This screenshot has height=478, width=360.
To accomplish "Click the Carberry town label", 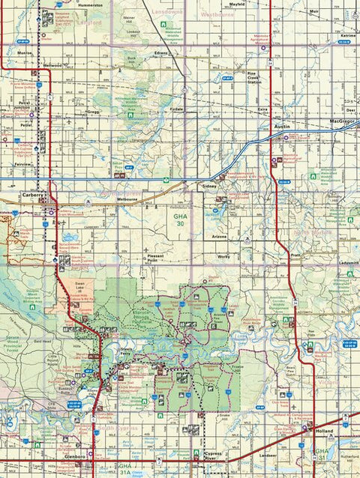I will pyautogui.click(x=34, y=194).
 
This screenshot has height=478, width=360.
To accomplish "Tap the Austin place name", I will pyautogui.click(x=283, y=127).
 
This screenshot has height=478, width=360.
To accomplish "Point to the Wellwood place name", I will pyautogui.click(x=52, y=65).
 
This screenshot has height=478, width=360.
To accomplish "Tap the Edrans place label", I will pyautogui.click(x=161, y=54).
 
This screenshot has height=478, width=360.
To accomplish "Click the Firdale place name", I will pyautogui.click(x=176, y=109).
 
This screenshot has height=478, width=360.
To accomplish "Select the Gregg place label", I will pyautogui.click(x=93, y=111).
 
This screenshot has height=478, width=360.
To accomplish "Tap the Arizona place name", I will pyautogui.click(x=219, y=236).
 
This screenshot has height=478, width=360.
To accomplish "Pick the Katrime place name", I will pyautogui.click(x=347, y=35).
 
